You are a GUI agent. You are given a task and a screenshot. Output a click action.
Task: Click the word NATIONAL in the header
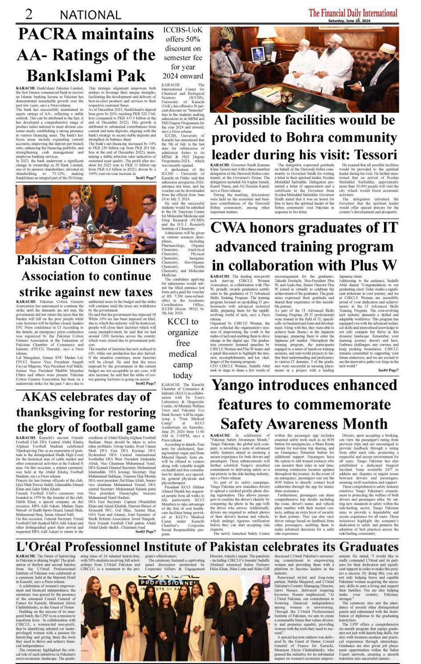(x=91, y=15)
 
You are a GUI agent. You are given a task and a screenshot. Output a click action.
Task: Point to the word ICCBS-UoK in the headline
(x=183, y=30)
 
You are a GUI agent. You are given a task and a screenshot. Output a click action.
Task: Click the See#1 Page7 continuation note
(x=146, y=178)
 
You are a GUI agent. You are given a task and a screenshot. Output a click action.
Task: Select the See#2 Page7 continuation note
(x=146, y=383)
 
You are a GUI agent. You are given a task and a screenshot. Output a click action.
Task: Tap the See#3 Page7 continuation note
(x=146, y=531)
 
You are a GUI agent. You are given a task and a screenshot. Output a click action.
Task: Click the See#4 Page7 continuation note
(x=388, y=370)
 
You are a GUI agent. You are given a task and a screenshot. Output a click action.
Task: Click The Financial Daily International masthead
(x=353, y=12)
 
